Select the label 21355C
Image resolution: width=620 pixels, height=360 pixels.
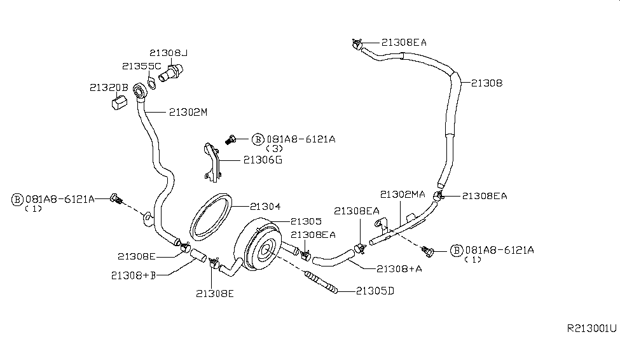point(141,66)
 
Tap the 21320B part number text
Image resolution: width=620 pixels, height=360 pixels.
point(109,87)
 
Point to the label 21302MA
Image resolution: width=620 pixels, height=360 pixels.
point(403,194)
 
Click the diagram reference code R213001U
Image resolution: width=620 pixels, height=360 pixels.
point(591,329)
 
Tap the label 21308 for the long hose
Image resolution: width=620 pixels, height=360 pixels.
point(487,83)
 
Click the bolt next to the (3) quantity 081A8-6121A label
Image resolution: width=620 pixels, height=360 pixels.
point(232,138)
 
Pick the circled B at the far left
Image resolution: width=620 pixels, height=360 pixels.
point(18,199)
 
